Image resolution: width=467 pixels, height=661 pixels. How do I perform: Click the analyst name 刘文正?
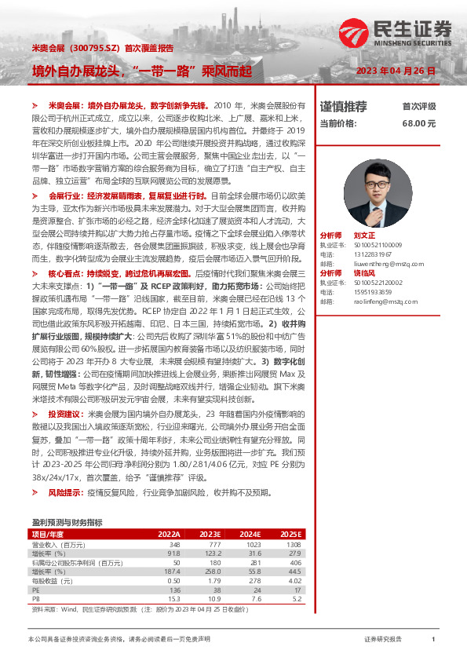(x=364, y=236)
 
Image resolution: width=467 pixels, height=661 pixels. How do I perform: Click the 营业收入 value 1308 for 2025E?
(x=293, y=544)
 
